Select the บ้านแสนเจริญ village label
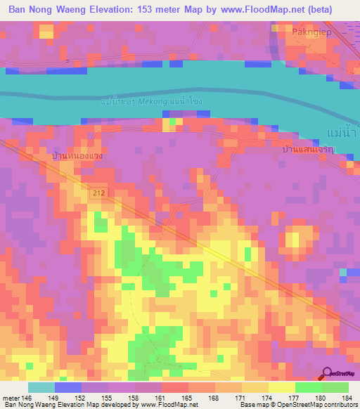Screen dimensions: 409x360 305,149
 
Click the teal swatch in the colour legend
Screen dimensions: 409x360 41,387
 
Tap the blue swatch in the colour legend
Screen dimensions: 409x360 67,387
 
